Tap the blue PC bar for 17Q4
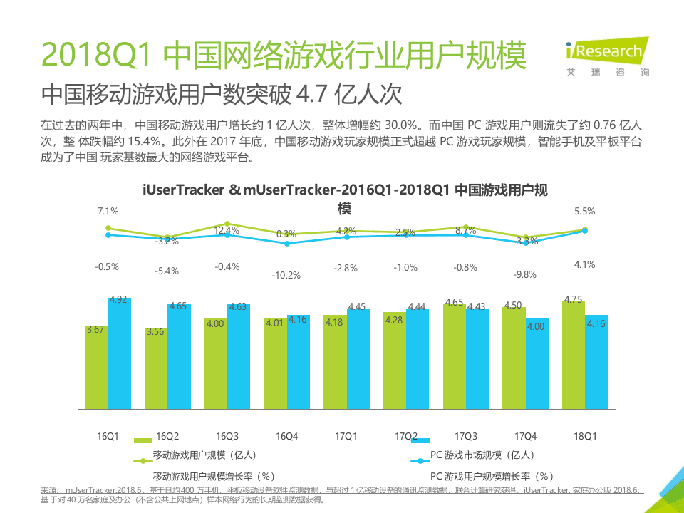click(537, 364)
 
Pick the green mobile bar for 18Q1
click(573, 356)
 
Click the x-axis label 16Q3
click(227, 435)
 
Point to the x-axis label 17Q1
click(346, 435)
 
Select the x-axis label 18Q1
click(585, 435)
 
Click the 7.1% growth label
click(108, 211)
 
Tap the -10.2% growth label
click(286, 275)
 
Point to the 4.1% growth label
click(584, 264)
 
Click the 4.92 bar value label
click(118, 300)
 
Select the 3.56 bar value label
click(155, 331)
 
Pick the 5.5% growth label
click(584, 211)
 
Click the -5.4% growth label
click(167, 271)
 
